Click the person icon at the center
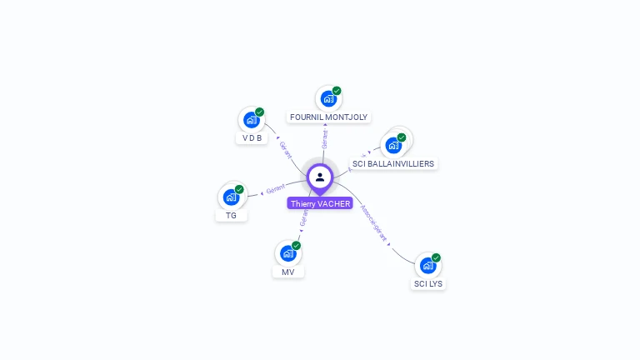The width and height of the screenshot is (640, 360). pos(320,177)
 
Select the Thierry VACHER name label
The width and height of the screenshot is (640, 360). pos(320,203)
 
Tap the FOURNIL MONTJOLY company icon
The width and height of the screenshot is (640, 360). pos(328,99)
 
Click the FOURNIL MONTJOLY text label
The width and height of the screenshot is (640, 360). pos(328,117)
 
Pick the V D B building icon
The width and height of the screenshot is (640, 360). pos(251,120)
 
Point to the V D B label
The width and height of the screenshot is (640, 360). pos(252,138)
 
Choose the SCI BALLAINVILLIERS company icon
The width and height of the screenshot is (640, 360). pos(393,145)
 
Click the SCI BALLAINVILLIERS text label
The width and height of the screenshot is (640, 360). pos(393,164)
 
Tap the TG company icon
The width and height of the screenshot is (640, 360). pos(231,197)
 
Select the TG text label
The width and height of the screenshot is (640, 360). pos(231,216)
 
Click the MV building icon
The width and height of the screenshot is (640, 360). pos(288,253)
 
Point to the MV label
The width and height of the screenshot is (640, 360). pos(288,272)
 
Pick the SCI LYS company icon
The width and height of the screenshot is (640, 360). pos(428,266)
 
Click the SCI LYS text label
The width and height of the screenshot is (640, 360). pos(429,284)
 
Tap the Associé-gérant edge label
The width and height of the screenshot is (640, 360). pos(374,224)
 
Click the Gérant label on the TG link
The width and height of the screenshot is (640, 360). pos(275,188)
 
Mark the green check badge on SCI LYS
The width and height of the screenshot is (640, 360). pos(436,257)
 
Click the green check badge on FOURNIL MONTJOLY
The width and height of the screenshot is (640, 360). pos(337,91)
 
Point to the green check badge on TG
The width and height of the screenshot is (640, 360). pos(239,189)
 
